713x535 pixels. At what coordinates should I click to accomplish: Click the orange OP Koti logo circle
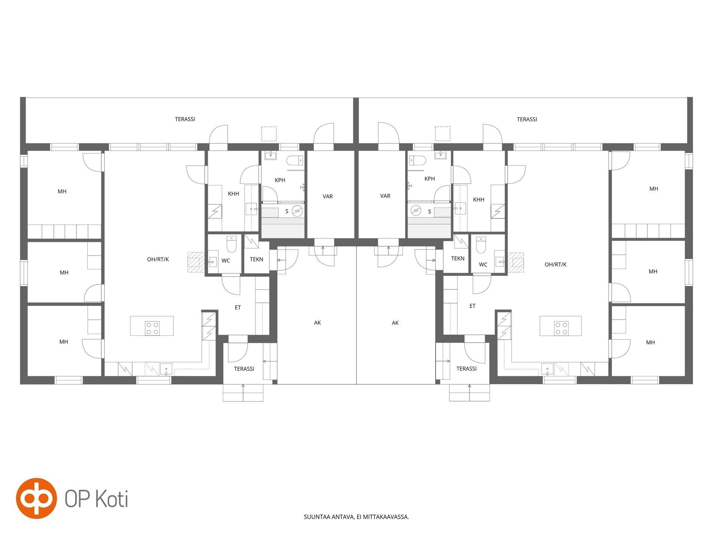(36, 498)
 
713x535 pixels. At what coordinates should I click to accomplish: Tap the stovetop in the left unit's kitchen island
(152, 328)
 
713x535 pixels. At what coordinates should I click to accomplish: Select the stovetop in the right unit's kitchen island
(561, 328)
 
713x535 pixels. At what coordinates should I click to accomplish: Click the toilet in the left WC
(231, 244)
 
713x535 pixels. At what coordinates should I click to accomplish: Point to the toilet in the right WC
(481, 244)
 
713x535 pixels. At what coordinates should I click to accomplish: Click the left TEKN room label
(257, 259)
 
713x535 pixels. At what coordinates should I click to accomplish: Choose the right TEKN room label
(458, 259)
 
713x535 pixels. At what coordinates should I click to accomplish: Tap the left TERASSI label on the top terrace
(185, 119)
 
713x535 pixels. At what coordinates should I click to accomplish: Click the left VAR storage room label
(328, 197)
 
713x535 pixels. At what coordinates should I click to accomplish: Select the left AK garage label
(318, 323)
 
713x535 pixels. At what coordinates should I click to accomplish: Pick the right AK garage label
(395, 323)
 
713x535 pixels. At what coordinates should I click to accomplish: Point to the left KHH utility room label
(234, 194)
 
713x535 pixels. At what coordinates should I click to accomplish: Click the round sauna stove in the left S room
(297, 211)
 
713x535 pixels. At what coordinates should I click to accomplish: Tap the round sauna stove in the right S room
(416, 211)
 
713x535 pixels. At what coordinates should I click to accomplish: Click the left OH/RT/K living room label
(158, 259)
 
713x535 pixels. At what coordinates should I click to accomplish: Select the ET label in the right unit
(472, 306)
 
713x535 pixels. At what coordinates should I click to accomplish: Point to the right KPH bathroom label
(430, 179)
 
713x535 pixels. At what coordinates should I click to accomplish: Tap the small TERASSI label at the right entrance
(466, 369)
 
